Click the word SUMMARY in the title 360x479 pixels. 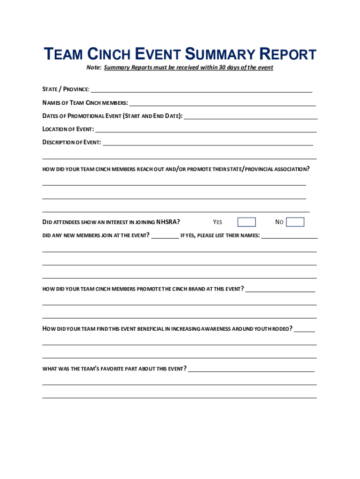click(x=220, y=55)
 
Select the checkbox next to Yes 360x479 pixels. click(x=246, y=222)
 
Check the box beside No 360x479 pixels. click(x=295, y=222)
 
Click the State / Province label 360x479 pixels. click(x=66, y=89)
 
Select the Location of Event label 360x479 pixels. click(x=68, y=129)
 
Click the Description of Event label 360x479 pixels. click(x=72, y=142)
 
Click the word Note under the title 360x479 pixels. click(x=94, y=67)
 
